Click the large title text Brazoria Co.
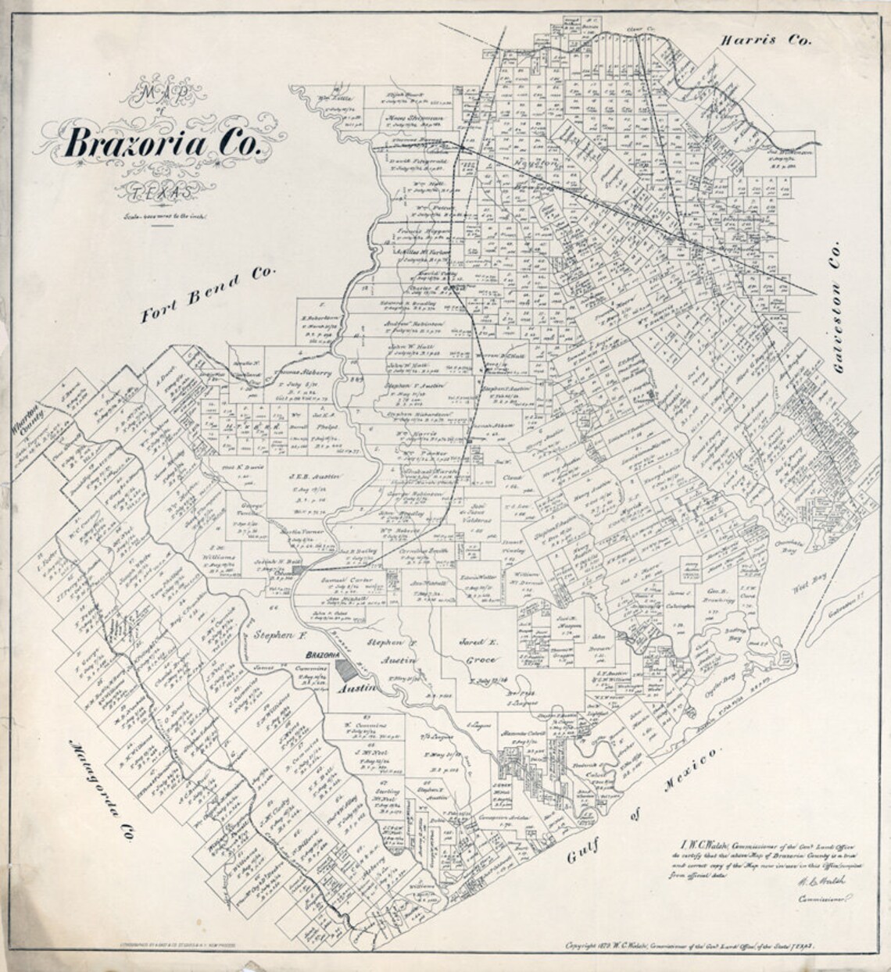166,142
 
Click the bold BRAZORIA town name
328,653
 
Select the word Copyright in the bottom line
588,944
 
